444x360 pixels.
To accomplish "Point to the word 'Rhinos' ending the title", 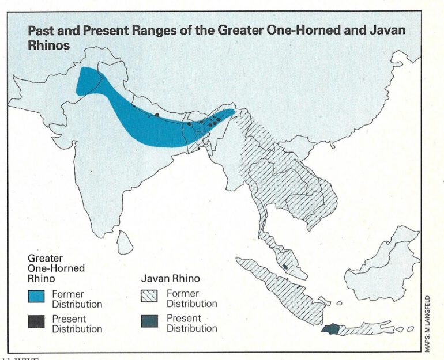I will coord(47,45).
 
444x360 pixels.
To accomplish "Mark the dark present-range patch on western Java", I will coord(331,329).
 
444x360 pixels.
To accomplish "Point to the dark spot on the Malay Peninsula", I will coord(285,267).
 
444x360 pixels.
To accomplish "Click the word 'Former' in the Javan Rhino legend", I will coord(182,294).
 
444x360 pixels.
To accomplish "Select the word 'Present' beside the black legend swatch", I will coord(69,319).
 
